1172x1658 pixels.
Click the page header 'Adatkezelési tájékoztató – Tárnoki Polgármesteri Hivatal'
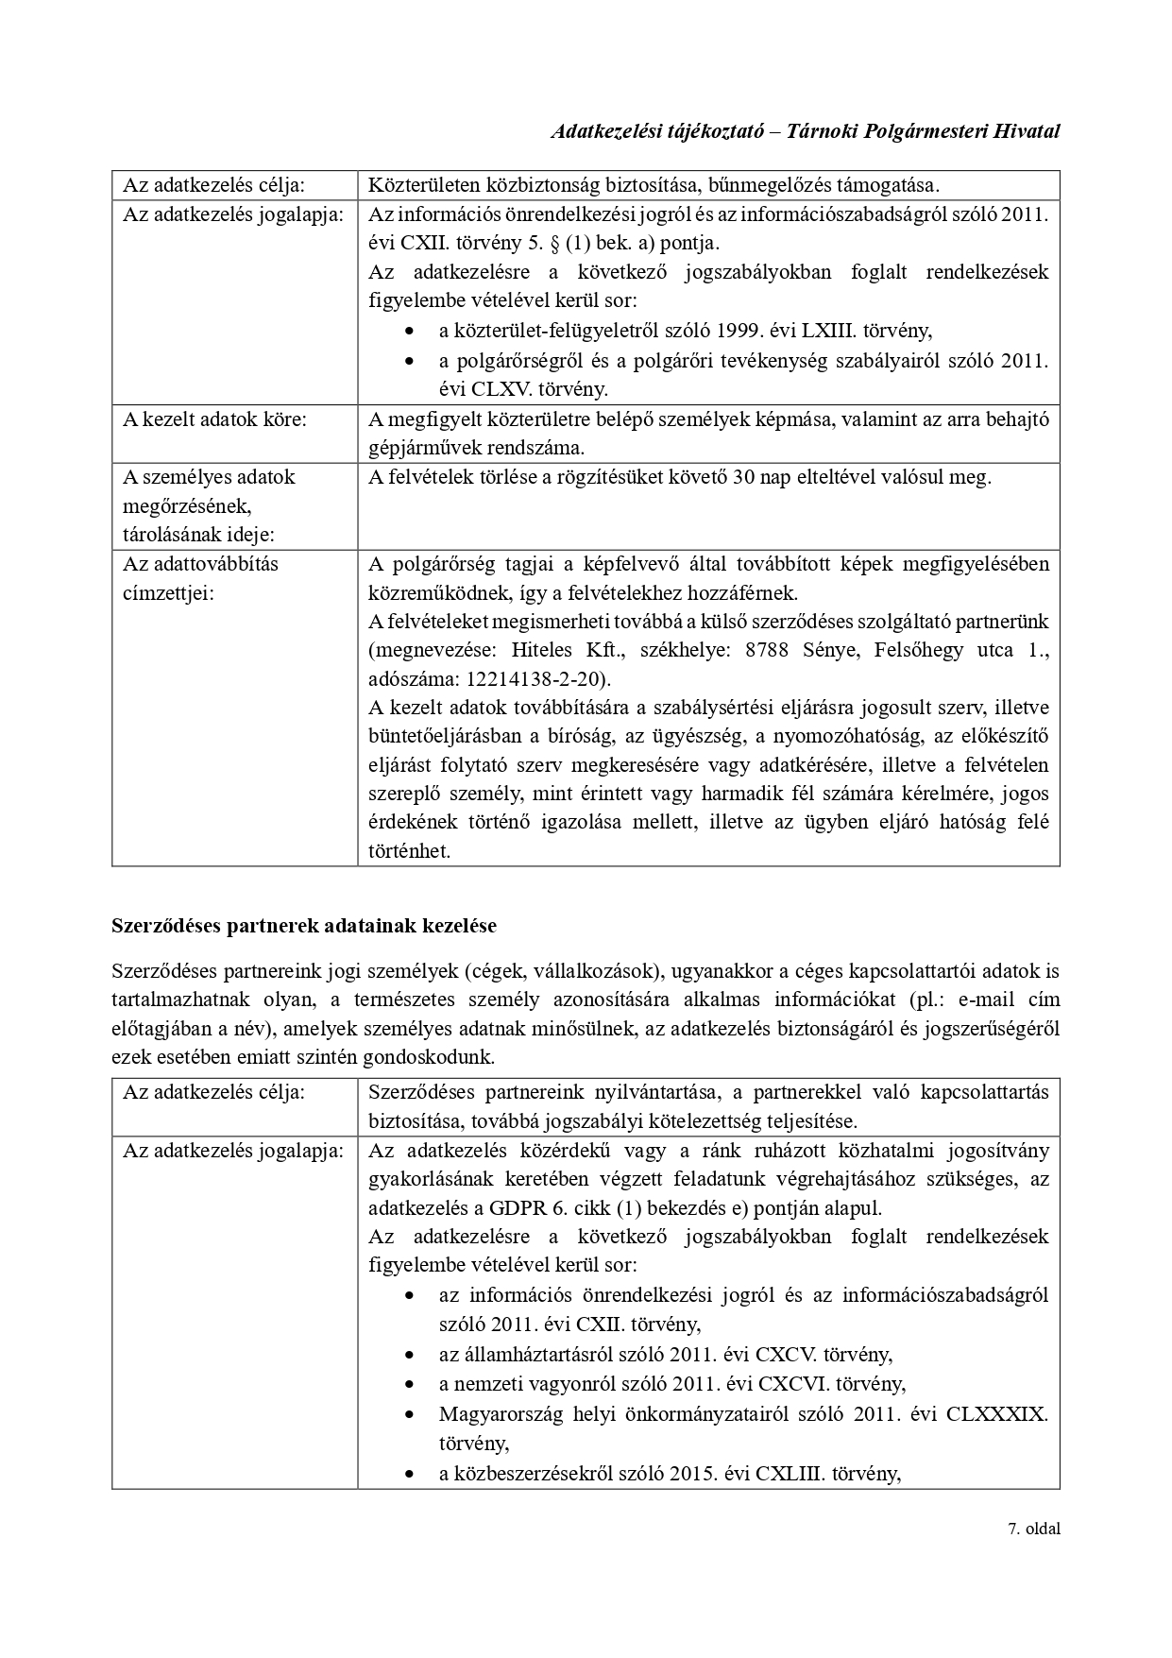(x=805, y=131)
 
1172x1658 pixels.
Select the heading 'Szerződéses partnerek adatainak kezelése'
(x=304, y=926)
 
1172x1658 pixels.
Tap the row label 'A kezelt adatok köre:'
(x=214, y=419)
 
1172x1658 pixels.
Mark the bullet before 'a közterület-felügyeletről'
(x=408, y=332)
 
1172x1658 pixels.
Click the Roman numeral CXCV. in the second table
(x=783, y=1354)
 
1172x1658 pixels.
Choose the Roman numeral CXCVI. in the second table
(x=790, y=1383)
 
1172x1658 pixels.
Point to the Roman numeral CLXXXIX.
(x=996, y=1414)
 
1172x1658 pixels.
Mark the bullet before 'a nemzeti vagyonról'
(x=408, y=1384)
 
